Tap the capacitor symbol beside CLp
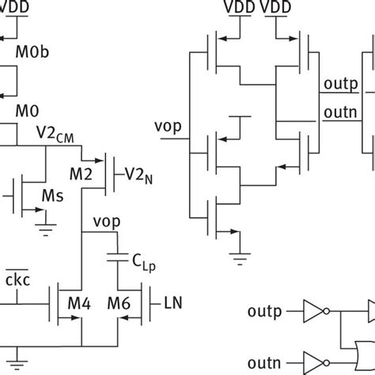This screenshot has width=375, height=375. click(x=118, y=258)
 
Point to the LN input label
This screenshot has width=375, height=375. click(x=172, y=301)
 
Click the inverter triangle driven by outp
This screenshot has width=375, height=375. click(x=313, y=309)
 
